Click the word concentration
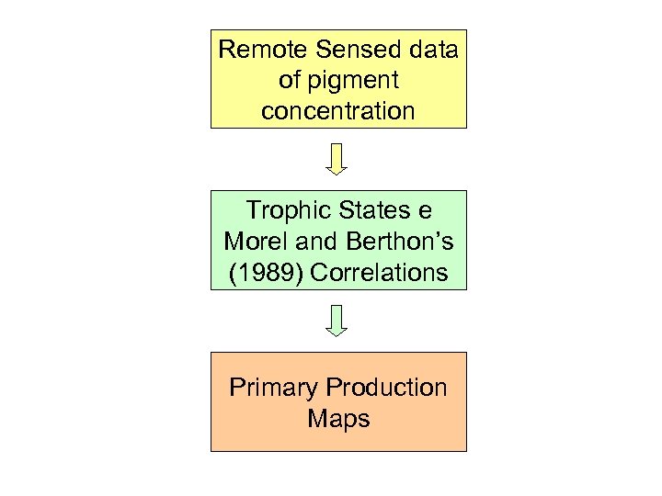[338, 111]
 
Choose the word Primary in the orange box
[273, 387]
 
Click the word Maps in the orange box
[338, 419]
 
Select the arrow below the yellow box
[337, 158]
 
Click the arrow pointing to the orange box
[337, 320]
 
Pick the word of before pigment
[289, 81]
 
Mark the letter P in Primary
[237, 387]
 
